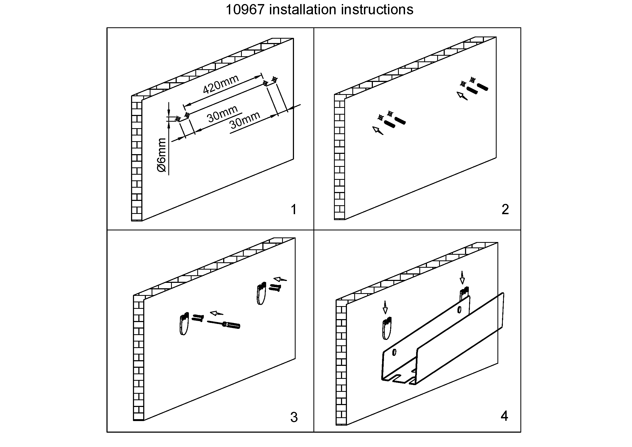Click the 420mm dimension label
(x=220, y=84)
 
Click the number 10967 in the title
(x=245, y=10)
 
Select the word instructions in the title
(x=377, y=10)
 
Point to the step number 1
(x=294, y=210)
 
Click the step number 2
(x=505, y=210)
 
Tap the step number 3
(x=294, y=418)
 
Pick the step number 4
(x=504, y=416)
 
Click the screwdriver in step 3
(x=224, y=324)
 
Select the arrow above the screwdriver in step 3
(x=217, y=313)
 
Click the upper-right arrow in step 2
(x=462, y=96)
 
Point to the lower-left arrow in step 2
(x=378, y=131)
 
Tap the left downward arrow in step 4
(x=385, y=307)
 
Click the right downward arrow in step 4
(x=462, y=278)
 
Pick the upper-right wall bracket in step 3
(x=261, y=294)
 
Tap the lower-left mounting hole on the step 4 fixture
(x=394, y=352)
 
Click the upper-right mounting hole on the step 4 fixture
(x=459, y=310)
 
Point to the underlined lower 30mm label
(x=245, y=121)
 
